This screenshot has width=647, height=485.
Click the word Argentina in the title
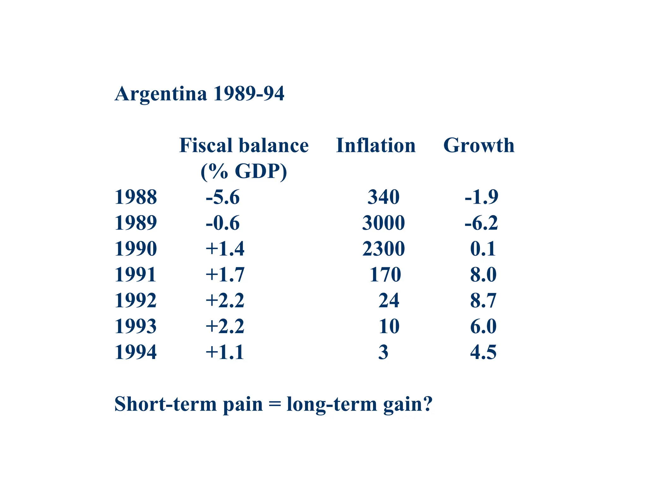(161, 94)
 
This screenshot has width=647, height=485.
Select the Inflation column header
(376, 146)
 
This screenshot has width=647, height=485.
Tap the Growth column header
(479, 146)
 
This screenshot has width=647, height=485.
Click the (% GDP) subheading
(244, 171)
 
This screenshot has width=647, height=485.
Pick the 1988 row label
(136, 197)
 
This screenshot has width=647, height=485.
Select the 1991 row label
(136, 274)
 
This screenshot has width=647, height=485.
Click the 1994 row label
(136, 352)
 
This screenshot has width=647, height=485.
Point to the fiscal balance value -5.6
(223, 197)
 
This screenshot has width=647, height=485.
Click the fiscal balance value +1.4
(225, 248)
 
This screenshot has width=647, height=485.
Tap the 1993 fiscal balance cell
(225, 326)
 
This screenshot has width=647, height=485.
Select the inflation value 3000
(383, 223)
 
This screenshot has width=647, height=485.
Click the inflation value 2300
(383, 248)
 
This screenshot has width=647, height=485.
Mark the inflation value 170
(385, 274)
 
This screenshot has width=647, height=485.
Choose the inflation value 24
(389, 300)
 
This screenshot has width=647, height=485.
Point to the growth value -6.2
(481, 223)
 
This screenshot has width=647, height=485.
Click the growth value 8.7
(483, 300)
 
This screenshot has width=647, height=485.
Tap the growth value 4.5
(483, 352)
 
